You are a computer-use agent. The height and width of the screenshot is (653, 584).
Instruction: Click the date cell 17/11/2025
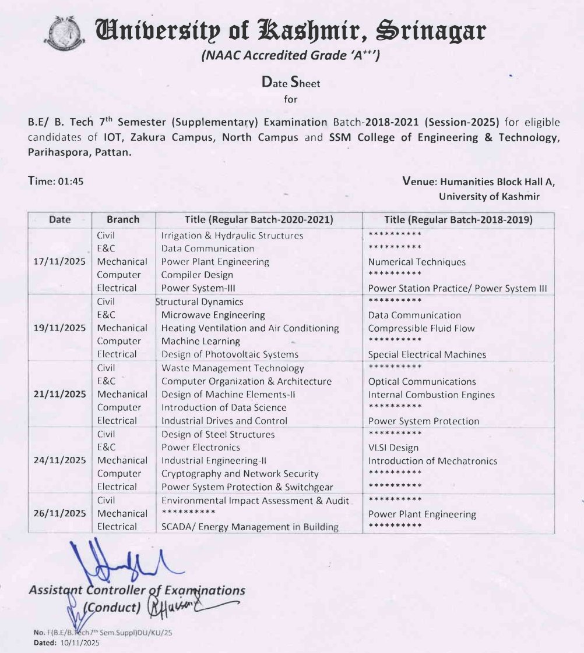(60, 262)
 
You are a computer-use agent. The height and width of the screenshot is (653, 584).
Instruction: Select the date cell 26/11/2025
(60, 513)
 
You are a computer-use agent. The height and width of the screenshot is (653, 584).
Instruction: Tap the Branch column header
(123, 219)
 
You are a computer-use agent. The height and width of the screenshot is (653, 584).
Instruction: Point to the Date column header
(60, 219)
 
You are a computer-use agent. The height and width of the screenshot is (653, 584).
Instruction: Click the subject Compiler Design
(197, 275)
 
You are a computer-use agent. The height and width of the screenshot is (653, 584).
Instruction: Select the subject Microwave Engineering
(213, 315)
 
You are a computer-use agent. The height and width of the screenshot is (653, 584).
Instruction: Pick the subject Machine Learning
(200, 341)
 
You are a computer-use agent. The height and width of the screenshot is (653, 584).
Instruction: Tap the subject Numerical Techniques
(417, 262)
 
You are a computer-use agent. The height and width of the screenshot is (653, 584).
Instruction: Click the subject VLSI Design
(393, 448)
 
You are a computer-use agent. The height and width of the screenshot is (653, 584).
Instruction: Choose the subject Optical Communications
(422, 382)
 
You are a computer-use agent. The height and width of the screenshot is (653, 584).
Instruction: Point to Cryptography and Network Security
(240, 474)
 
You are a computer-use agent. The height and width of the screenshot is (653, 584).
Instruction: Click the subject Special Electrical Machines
(427, 354)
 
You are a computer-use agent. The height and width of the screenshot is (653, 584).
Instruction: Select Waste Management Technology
(233, 368)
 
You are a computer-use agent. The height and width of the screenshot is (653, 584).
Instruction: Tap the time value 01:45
(71, 181)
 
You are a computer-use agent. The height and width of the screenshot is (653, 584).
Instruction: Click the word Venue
(418, 181)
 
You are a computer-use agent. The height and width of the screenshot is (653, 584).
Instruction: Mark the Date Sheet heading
(291, 83)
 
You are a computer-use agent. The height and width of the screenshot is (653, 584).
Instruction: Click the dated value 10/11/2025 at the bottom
(80, 643)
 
